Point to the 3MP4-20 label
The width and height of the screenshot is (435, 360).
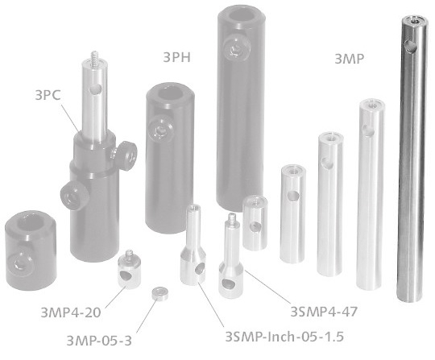72,308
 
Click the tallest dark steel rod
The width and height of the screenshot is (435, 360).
412,161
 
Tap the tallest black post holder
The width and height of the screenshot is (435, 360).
242,105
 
